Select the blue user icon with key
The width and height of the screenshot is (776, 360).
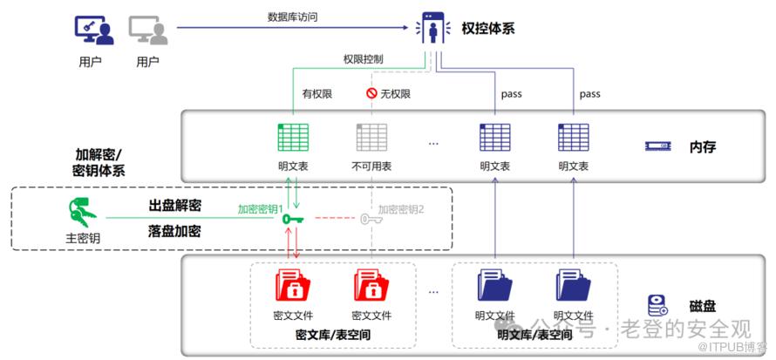pos(94,31)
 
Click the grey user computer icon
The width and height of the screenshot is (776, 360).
pos(148,31)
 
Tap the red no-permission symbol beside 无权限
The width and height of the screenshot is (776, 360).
pos(371,93)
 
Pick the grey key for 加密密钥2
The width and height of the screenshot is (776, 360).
pos(370,219)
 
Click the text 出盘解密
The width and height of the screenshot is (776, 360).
pos(174,206)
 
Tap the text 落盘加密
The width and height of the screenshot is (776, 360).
pos(174,231)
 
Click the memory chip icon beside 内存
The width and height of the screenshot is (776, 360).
pos(657,146)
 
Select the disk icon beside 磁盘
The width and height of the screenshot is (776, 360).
pos(657,306)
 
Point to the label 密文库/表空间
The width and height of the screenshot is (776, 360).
pos(332,334)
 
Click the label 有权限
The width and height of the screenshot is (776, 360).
pos(317,93)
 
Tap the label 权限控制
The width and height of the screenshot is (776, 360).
pos(363,59)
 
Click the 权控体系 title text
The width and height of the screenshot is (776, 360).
pos(487,28)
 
